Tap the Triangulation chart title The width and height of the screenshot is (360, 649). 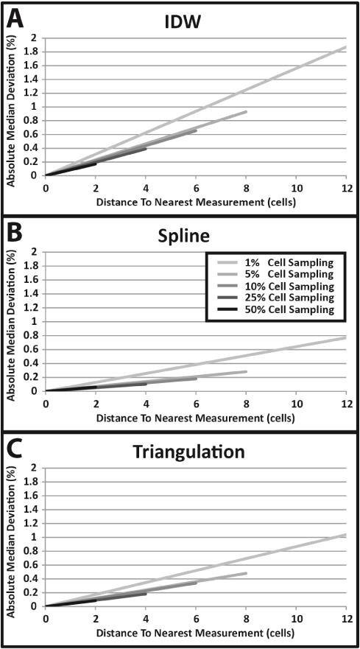[188, 452]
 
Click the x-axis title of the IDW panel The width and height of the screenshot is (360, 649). [196, 203]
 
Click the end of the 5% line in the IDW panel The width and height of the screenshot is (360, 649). [247, 111]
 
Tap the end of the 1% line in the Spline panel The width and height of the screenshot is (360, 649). [345, 337]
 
